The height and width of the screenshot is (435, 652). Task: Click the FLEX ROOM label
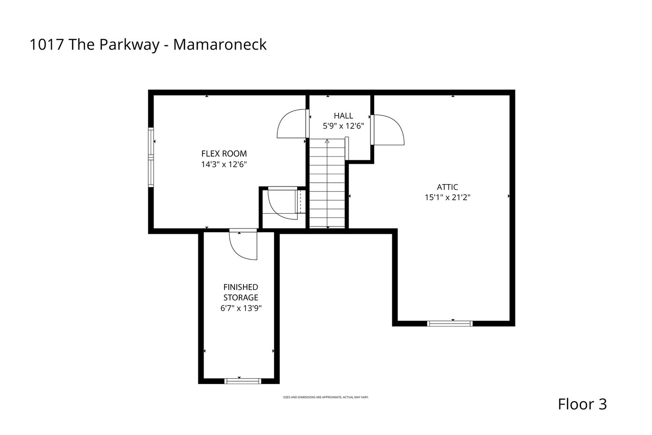pyautogui.click(x=224, y=154)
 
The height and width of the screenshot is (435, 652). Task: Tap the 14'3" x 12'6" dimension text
pyautogui.click(x=224, y=164)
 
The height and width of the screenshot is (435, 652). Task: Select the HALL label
pyautogui.click(x=343, y=116)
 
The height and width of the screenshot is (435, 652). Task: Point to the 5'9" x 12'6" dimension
pyautogui.click(x=343, y=126)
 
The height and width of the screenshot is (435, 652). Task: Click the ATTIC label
pyautogui.click(x=448, y=187)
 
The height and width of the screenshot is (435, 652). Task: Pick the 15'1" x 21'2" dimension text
pyautogui.click(x=448, y=198)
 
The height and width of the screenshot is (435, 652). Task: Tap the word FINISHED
pyautogui.click(x=241, y=287)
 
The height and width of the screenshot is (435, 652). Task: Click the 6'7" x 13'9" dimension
pyautogui.click(x=241, y=308)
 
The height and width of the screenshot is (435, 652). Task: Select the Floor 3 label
pyautogui.click(x=583, y=404)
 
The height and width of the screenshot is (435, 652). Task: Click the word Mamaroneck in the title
pyautogui.click(x=220, y=45)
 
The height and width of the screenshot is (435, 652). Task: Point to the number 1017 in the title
pyautogui.click(x=47, y=45)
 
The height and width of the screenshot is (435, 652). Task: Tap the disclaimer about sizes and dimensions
pyautogui.click(x=326, y=397)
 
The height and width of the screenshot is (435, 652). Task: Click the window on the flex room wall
pyautogui.click(x=151, y=158)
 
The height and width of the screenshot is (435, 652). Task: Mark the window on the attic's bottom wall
pyautogui.click(x=450, y=324)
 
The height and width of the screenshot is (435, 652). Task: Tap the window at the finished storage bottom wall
pyautogui.click(x=243, y=381)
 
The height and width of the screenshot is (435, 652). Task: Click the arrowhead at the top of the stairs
pyautogui.click(x=327, y=141)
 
